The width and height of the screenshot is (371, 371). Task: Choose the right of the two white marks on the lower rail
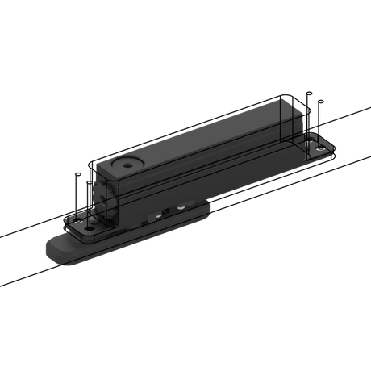point(183,207)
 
